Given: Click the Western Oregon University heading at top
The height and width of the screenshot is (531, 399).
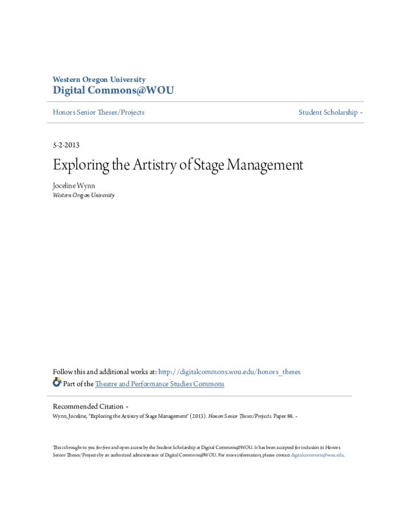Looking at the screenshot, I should pyautogui.click(x=99, y=79).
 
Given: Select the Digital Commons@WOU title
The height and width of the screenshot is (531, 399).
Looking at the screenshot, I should pyautogui.click(x=113, y=91).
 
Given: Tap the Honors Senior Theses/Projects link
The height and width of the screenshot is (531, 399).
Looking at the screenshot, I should pyautogui.click(x=98, y=112).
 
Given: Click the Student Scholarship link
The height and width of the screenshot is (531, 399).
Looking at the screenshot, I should pyautogui.click(x=328, y=112).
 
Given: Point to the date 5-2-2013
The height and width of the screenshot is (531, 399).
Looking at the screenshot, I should pyautogui.click(x=66, y=145).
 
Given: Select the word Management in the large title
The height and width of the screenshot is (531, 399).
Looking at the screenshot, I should pyautogui.click(x=264, y=165).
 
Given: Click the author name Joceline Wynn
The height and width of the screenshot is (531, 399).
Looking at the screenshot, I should pyautogui.click(x=74, y=185).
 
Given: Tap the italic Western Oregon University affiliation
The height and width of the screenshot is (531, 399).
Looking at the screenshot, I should pyautogui.click(x=83, y=195).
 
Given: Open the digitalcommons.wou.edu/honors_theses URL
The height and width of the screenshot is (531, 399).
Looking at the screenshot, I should pyautogui.click(x=229, y=372).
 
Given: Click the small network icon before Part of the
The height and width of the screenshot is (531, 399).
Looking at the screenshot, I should pyautogui.click(x=57, y=383).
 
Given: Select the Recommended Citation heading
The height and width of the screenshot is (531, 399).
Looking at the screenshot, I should pyautogui.click(x=88, y=406).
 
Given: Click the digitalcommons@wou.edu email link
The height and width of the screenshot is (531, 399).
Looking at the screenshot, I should pyautogui.click(x=317, y=455).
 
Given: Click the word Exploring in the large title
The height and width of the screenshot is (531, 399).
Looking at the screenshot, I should pyautogui.click(x=77, y=165).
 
